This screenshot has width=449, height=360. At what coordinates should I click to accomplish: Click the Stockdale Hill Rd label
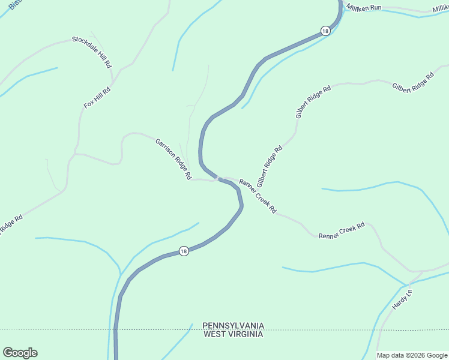click(92, 51)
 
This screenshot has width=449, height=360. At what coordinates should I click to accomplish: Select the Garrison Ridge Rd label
click(173, 160)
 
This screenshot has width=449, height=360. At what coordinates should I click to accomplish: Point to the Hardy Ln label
click(402, 299)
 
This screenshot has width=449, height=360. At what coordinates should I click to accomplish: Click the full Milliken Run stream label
click(363, 7)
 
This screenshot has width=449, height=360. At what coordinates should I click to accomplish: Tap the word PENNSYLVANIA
click(233, 325)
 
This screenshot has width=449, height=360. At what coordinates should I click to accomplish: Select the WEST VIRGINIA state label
click(233, 334)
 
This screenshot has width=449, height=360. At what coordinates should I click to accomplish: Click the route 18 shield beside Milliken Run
click(325, 31)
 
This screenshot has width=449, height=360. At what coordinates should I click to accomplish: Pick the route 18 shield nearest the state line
click(184, 251)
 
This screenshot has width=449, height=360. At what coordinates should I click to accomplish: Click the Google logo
click(20, 353)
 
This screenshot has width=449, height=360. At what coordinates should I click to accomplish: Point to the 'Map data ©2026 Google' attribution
click(411, 355)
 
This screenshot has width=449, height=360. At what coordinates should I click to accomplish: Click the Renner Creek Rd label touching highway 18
click(258, 196)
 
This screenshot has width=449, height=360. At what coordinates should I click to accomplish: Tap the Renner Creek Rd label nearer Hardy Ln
click(342, 230)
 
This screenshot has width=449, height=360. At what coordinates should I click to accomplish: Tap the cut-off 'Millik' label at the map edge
click(440, 8)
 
